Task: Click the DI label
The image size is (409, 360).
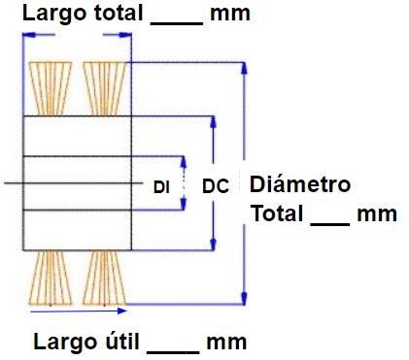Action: (x=161, y=186)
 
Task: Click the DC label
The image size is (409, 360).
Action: (x=215, y=186)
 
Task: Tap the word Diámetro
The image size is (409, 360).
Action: (x=300, y=184)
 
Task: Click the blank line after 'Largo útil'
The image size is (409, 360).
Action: (x=178, y=349)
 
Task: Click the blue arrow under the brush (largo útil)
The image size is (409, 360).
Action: (x=78, y=312)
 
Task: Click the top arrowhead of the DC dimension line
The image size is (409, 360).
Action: (x=212, y=123)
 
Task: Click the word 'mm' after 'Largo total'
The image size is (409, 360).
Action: (x=229, y=15)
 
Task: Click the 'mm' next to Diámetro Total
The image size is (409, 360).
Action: (x=376, y=213)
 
